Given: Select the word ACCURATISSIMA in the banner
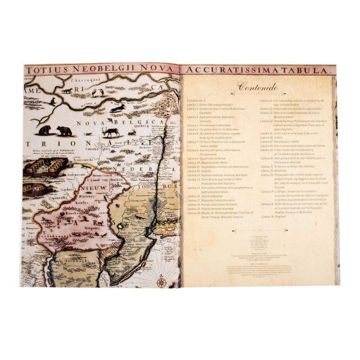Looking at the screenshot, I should [x=226, y=70].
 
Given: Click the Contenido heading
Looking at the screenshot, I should [x=257, y=87].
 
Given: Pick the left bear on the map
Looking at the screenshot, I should [x=44, y=129].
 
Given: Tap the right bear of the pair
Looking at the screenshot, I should [x=64, y=130].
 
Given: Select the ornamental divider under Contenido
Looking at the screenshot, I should [x=257, y=95].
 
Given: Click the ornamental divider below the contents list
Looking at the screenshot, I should [x=257, y=229].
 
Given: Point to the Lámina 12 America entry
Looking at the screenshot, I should [x=200, y=170].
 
